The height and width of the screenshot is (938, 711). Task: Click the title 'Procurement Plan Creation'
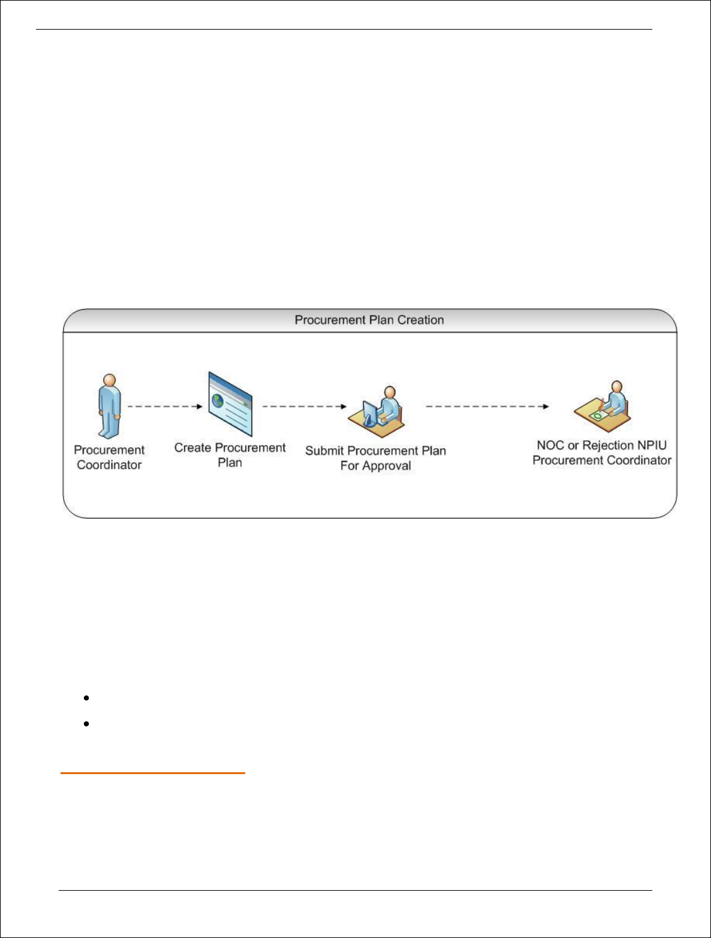(x=369, y=320)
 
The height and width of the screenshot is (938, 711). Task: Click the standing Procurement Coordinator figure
(x=110, y=407)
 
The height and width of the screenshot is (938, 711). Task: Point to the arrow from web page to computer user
(x=304, y=407)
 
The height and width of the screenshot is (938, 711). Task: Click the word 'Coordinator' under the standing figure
(x=110, y=465)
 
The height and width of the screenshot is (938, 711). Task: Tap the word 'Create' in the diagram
(x=193, y=448)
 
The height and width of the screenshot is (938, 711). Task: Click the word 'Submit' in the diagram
(x=325, y=451)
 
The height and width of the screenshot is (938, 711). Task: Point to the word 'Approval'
(x=387, y=466)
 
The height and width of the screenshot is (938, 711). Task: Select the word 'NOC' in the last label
(x=550, y=446)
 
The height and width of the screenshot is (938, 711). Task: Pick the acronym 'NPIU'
(x=652, y=446)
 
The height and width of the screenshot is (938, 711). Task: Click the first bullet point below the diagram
(x=85, y=698)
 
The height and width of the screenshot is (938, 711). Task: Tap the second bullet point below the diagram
(x=85, y=724)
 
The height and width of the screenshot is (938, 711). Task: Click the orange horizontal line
(x=153, y=773)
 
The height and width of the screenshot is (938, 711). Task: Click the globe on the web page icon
(x=218, y=400)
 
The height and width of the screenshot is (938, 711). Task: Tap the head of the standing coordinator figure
(x=110, y=381)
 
